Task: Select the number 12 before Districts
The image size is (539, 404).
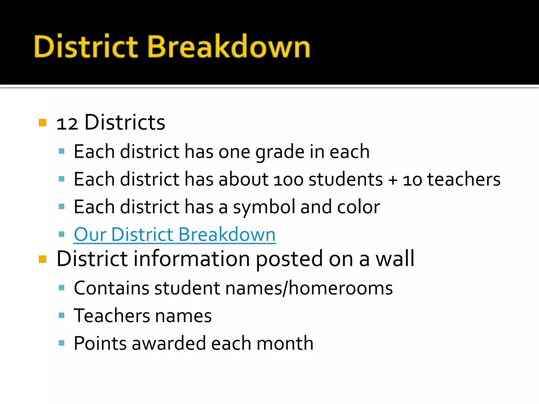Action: tap(67, 123)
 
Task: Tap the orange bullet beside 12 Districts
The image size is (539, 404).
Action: tap(42, 123)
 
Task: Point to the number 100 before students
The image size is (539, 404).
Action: tap(288, 180)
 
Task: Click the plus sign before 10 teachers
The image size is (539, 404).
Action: tap(393, 180)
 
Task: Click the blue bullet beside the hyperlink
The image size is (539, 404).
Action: tap(62, 234)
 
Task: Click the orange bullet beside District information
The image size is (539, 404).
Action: tap(42, 259)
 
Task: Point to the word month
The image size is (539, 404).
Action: tap(285, 344)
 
